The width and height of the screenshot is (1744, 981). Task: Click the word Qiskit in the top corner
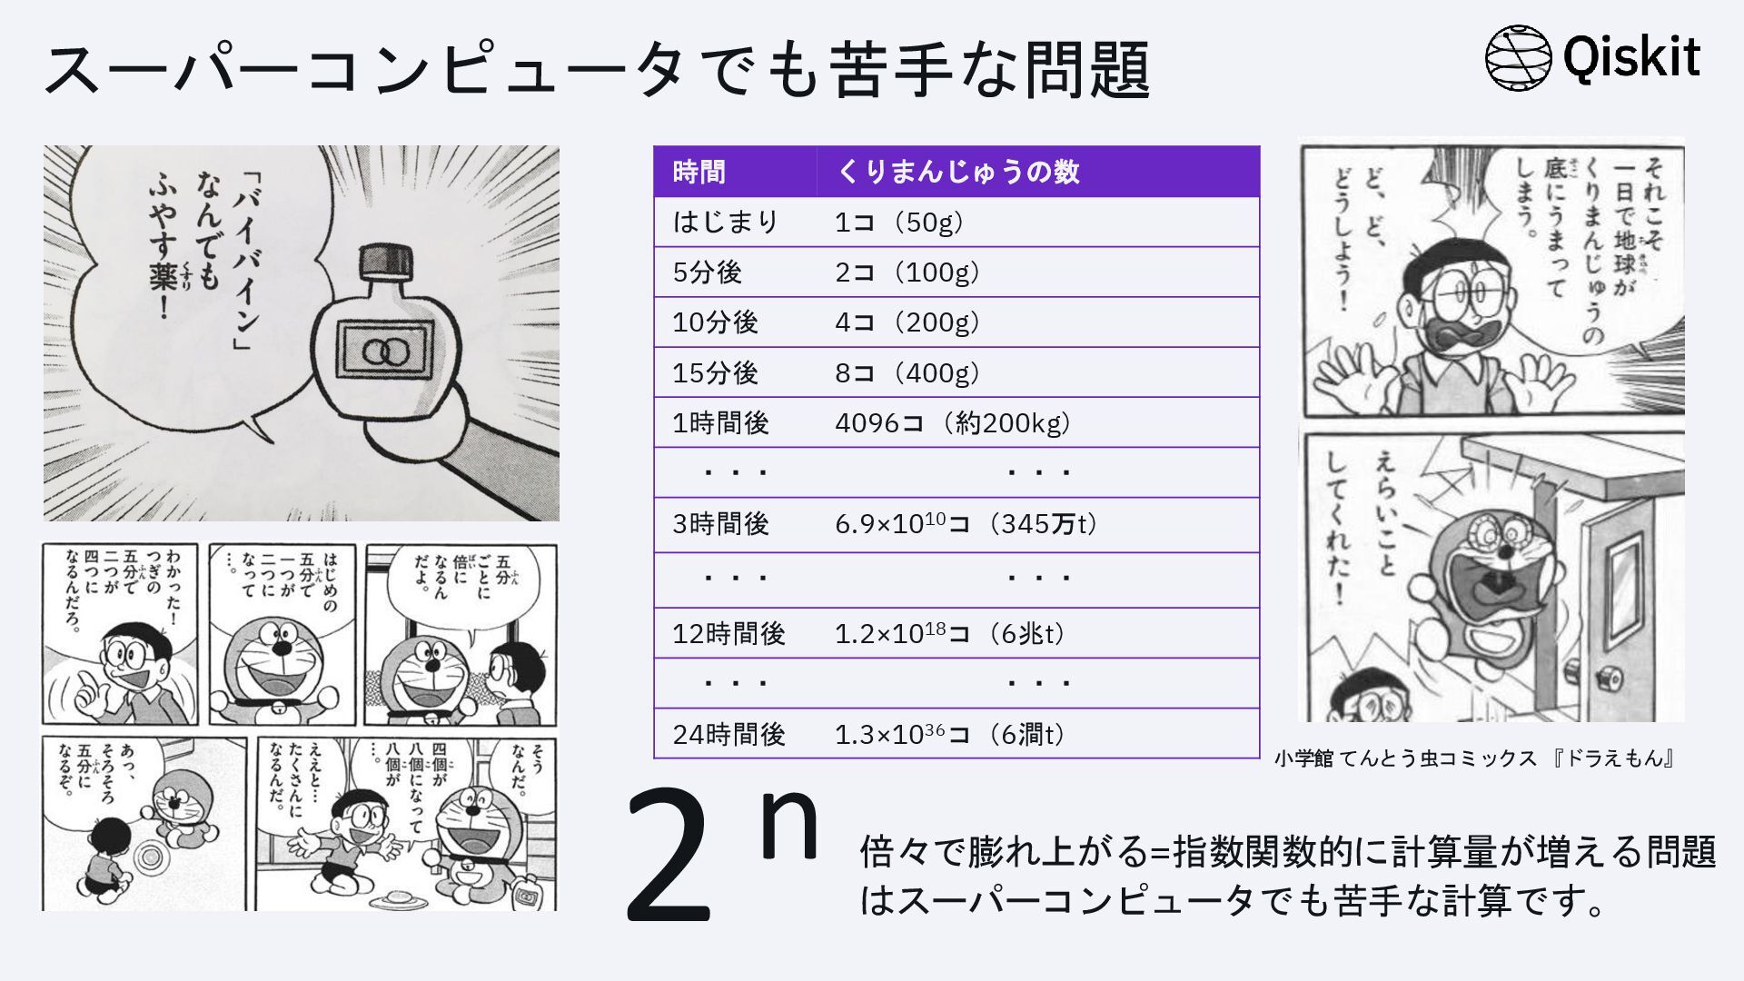(x=1631, y=56)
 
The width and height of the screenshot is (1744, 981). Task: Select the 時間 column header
(x=699, y=172)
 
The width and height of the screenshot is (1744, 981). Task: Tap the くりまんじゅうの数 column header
(x=957, y=172)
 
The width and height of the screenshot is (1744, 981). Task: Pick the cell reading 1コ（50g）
(x=898, y=222)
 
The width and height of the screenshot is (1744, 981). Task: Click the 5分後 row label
(x=707, y=272)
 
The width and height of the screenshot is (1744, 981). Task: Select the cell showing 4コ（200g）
(x=907, y=322)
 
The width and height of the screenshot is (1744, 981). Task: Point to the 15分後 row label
(x=715, y=372)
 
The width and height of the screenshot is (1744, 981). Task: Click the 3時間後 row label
(x=720, y=524)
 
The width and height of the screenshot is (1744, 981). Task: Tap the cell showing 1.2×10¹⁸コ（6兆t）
(x=950, y=633)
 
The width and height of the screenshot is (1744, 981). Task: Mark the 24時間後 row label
(x=728, y=734)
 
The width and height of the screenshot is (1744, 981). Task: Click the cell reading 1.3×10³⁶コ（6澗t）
(x=950, y=734)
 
